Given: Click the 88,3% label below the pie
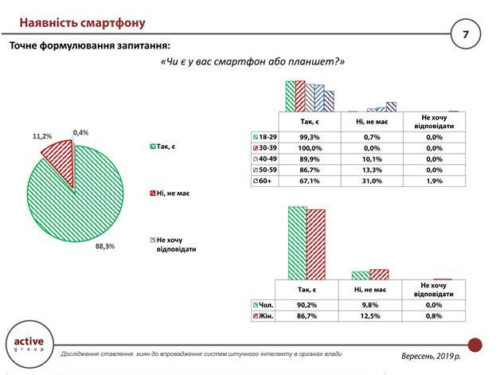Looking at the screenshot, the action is point(105,246).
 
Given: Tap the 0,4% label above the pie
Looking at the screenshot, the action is point(80,132).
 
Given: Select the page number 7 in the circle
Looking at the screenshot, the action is point(466,34).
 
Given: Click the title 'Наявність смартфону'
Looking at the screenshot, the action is point(82,23).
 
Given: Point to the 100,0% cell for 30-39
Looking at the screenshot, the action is point(310,148).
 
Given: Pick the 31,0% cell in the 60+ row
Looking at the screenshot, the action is point(372,181).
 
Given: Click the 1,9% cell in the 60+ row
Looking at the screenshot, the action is point(434,181).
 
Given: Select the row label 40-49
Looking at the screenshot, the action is point(264,158).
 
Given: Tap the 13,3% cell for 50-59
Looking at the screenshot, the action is point(372,170).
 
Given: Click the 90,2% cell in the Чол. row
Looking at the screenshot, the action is point(307,305).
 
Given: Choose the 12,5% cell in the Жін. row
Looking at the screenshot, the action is point(370,316).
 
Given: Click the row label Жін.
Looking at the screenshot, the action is point(263,316).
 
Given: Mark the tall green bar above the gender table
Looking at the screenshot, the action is point(297,244).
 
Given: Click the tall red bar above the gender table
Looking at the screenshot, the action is point(316,245).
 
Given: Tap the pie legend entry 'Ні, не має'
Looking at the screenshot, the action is point(170,193).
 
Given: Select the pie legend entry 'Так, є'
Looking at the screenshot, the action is point(162,146).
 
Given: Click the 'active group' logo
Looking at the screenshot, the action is point(29,344).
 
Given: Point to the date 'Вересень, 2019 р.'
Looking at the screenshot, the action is point(431,356).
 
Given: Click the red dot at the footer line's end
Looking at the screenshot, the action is point(475,345).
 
